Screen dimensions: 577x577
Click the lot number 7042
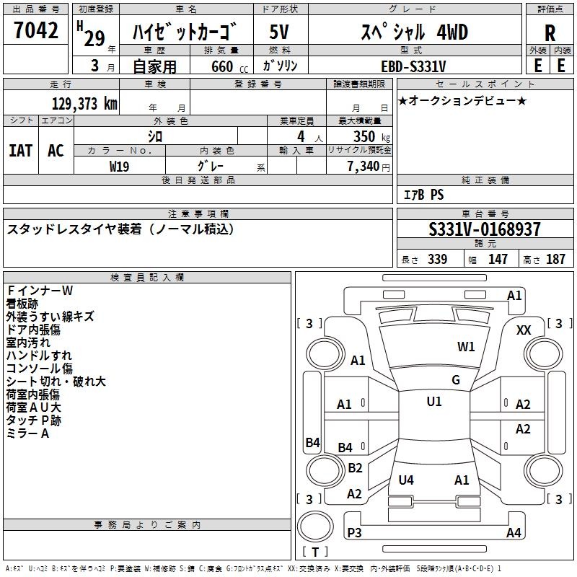(x=36, y=30)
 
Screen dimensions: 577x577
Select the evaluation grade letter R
(x=550, y=33)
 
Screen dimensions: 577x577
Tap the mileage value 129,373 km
(x=84, y=104)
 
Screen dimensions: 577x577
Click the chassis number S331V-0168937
(x=485, y=229)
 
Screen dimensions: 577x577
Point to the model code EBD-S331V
(x=413, y=66)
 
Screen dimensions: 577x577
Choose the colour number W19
(x=119, y=167)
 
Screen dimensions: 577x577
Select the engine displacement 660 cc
(x=229, y=67)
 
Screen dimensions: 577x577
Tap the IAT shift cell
(x=21, y=151)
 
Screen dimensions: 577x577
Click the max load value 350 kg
(x=371, y=136)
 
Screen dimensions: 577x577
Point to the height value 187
(x=555, y=259)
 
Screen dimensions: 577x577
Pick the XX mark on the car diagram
(x=524, y=330)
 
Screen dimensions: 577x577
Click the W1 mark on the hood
(x=466, y=347)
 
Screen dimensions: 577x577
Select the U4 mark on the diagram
(x=406, y=480)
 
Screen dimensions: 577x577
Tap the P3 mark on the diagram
(x=354, y=532)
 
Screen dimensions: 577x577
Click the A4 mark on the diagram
(x=514, y=532)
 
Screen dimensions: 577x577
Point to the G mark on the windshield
(x=456, y=380)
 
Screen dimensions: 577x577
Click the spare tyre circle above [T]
(x=315, y=527)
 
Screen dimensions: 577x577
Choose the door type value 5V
(x=279, y=32)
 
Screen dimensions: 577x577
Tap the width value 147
(x=498, y=259)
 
